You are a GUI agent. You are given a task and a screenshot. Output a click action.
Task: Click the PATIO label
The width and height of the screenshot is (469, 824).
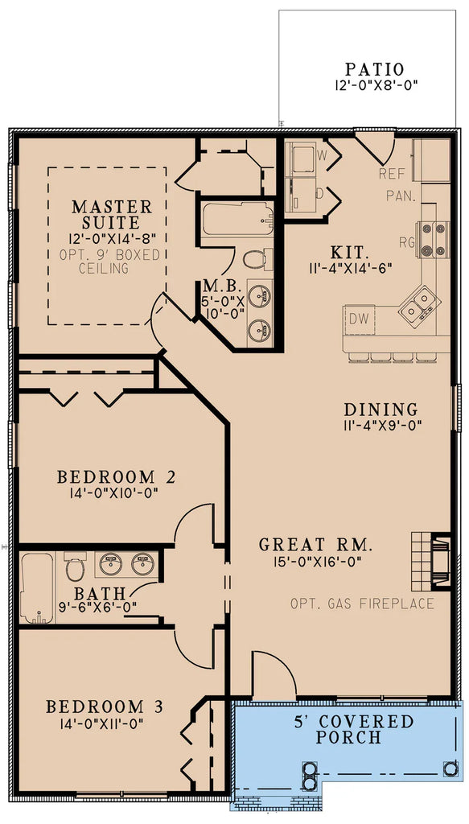click(374, 69)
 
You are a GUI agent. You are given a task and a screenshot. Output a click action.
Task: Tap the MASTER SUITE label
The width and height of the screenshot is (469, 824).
click(111, 214)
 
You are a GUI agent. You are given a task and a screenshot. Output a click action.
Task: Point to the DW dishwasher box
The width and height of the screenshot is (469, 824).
click(359, 319)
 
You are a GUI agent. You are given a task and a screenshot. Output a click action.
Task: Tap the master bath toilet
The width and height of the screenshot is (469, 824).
click(255, 259)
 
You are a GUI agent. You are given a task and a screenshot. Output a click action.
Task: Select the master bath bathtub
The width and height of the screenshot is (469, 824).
click(237, 220)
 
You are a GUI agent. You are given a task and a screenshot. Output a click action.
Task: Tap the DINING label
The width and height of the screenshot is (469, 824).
click(381, 410)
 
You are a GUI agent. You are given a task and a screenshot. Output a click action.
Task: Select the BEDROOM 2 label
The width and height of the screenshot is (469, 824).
click(117, 477)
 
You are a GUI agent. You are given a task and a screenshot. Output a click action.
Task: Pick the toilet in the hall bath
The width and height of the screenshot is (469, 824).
click(75, 568)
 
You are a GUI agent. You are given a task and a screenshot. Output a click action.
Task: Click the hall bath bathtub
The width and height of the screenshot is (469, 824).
click(36, 587)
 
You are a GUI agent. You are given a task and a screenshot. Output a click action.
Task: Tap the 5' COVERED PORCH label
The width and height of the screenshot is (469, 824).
click(349, 729)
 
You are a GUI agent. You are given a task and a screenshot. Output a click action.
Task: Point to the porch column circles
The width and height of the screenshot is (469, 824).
click(309, 773)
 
